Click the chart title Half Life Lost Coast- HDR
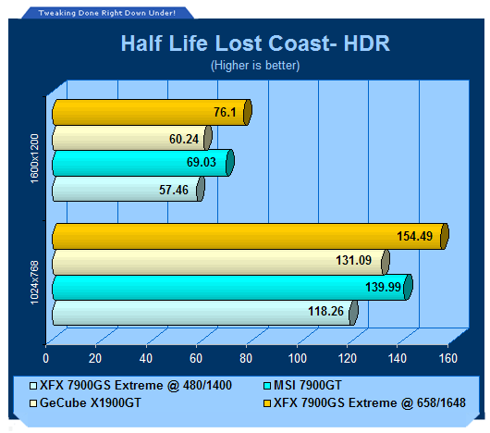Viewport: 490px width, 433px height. (x=255, y=43)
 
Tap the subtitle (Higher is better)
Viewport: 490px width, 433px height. (x=255, y=66)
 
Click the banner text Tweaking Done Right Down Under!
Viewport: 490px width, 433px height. (x=107, y=13)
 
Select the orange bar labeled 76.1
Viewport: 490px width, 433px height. (x=152, y=112)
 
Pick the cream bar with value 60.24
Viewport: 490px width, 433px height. (x=132, y=138)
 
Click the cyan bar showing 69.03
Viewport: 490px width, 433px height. (x=143, y=163)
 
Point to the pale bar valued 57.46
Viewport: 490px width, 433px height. (x=129, y=189)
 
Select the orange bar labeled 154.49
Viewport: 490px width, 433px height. (x=251, y=236)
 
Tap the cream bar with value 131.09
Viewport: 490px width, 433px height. (x=221, y=262)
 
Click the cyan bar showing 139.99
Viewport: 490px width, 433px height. (x=232, y=288)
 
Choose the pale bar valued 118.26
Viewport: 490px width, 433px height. (x=205, y=313)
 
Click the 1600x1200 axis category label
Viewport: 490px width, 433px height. (x=34, y=158)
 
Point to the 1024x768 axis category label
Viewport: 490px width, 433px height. (x=34, y=282)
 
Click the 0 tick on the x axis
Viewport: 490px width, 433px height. (x=45, y=358)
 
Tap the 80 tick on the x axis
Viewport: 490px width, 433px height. (x=246, y=358)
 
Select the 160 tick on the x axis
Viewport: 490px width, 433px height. (x=448, y=358)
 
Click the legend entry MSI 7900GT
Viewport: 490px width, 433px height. (x=302, y=385)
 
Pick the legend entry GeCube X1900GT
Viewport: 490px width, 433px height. (x=85, y=402)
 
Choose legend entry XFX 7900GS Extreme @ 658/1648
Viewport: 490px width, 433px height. (x=364, y=402)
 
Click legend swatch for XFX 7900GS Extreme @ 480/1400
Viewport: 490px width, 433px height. (x=32, y=386)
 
